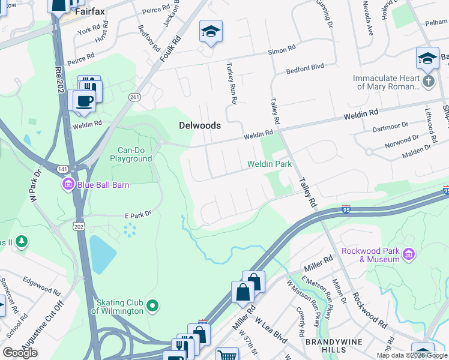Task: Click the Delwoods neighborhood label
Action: tap(200, 126)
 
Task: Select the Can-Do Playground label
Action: tap(130, 154)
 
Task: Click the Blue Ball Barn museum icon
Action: tap(68, 184)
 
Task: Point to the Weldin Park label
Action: tap(270, 164)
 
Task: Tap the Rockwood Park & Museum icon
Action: tap(409, 255)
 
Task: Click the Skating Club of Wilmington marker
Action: tap(153, 307)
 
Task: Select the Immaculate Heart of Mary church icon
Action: tap(428, 82)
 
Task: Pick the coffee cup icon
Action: tap(84, 100)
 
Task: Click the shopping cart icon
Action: tap(227, 355)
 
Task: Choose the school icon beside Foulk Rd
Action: tap(211, 31)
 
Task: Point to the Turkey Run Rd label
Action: tap(231, 82)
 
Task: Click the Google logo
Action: tap(20, 353)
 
